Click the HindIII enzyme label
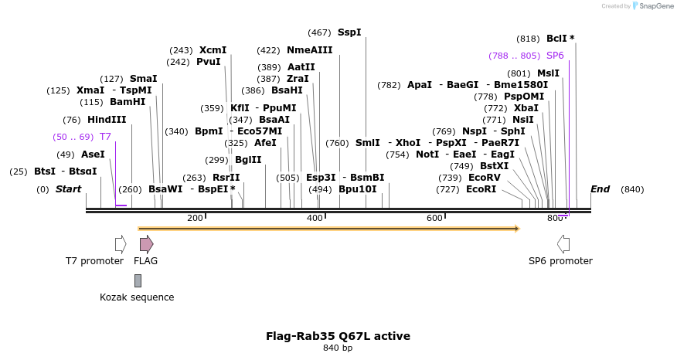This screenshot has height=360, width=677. pyautogui.click(x=106, y=120)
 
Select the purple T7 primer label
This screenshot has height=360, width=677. pyautogui.click(x=105, y=137)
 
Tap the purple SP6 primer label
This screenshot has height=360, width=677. pyautogui.click(x=555, y=56)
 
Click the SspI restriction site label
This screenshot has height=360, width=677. pyautogui.click(x=349, y=32)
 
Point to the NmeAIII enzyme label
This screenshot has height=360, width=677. pyautogui.click(x=309, y=50)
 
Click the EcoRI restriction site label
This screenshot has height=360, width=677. pyautogui.click(x=481, y=189)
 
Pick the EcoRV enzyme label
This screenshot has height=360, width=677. pyautogui.click(x=485, y=178)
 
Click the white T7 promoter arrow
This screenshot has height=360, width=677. pyautogui.click(x=121, y=244)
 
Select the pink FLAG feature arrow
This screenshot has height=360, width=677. pyautogui.click(x=146, y=244)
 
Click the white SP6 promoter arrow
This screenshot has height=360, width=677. pyautogui.click(x=563, y=244)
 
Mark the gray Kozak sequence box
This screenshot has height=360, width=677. pyautogui.click(x=138, y=280)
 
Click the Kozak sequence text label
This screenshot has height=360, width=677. pyautogui.click(x=137, y=297)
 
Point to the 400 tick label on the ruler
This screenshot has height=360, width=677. pyautogui.click(x=315, y=219)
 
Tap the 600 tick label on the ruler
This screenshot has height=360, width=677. pyautogui.click(x=434, y=219)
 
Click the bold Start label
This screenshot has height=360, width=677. pyautogui.click(x=68, y=189)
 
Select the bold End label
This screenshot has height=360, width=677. pyautogui.click(x=600, y=189)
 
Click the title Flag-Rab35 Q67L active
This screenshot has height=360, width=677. pyautogui.click(x=338, y=336)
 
